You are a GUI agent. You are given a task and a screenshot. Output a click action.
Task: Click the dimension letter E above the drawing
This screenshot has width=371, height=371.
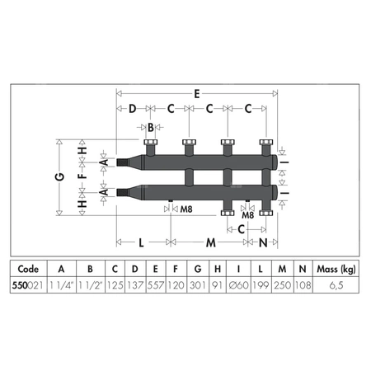[x=197, y=94]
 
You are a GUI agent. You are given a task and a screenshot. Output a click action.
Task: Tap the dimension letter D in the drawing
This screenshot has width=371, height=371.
[x=133, y=109]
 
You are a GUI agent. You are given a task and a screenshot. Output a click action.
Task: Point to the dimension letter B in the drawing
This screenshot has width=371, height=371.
[x=151, y=128]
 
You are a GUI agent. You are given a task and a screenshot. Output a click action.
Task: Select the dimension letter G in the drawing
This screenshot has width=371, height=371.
[x=60, y=176]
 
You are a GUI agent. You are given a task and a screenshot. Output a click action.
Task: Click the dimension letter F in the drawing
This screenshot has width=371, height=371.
[x=82, y=175]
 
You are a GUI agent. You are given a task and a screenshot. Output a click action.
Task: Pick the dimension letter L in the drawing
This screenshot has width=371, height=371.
[x=141, y=242]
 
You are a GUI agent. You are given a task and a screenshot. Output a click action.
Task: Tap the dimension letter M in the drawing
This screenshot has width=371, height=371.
[x=211, y=242]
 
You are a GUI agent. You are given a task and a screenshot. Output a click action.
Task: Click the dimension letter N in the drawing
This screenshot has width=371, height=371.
[x=263, y=242]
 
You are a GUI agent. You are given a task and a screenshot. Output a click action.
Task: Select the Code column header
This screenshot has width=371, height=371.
[x=28, y=269]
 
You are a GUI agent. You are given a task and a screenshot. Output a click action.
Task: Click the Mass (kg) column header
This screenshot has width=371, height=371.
[x=336, y=269]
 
